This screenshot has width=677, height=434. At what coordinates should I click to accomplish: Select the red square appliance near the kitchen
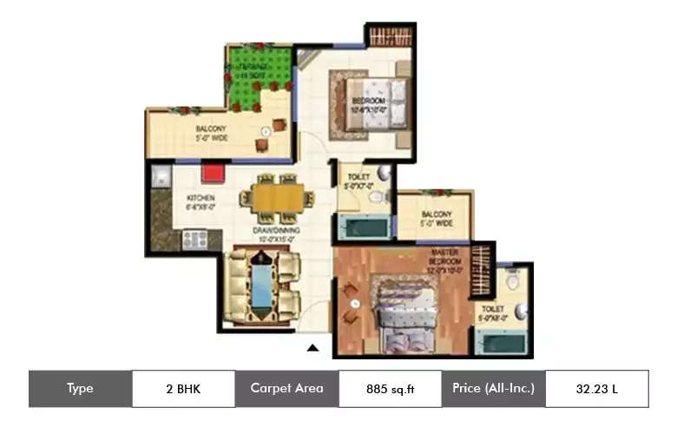coord(213,172)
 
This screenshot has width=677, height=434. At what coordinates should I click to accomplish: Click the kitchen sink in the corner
coord(161,177)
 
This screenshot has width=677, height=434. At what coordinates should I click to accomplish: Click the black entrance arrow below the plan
coord(313,348)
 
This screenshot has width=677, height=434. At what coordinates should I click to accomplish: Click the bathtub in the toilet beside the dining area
coord(363,228)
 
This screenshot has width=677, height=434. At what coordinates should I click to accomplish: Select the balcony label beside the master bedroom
coord(437,218)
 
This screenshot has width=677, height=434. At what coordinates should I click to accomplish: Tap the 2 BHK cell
coord(183,389)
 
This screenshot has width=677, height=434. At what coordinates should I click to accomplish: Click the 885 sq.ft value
coord(390,389)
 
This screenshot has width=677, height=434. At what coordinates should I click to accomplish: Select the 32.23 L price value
coord(596,389)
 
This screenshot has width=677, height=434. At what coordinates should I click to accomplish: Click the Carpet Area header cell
coord(286,389)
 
